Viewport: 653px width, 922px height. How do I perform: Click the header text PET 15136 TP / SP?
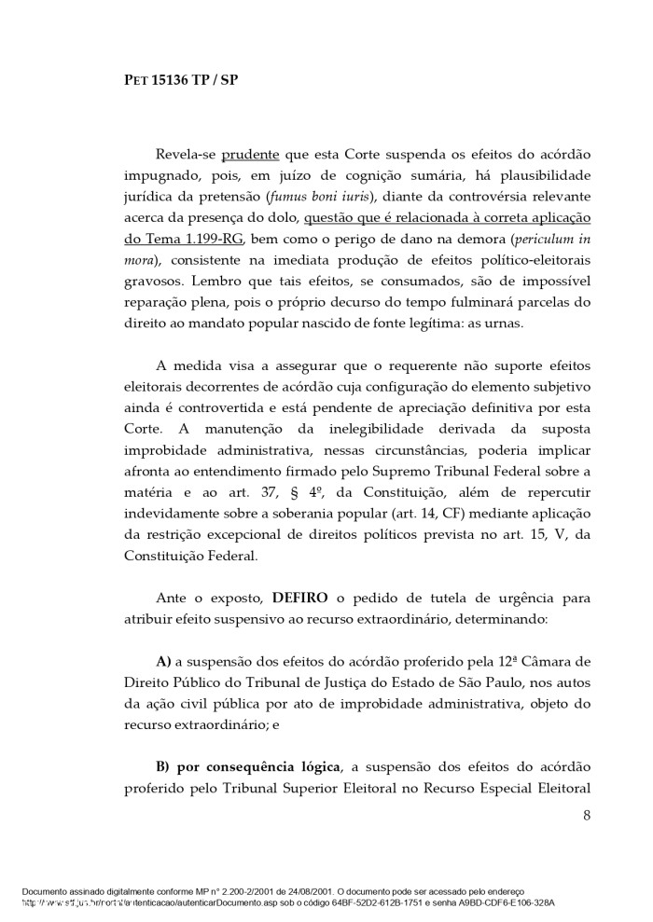click(182, 80)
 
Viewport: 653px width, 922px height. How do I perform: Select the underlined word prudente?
click(249, 154)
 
